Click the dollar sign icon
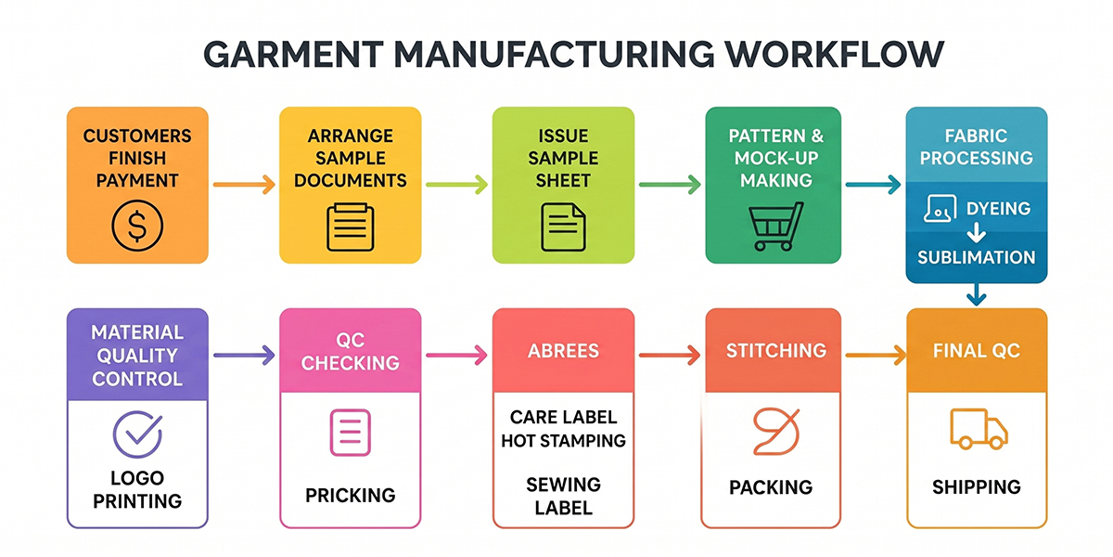tap(137, 225)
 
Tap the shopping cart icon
tap(775, 227)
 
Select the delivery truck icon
tap(978, 430)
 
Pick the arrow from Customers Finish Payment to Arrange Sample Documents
tap(244, 186)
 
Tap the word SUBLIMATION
tap(976, 257)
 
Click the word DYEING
tap(997, 209)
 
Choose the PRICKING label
tap(350, 495)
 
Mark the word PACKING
tap(771, 486)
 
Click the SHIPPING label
tap(976, 486)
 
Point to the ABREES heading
tap(563, 351)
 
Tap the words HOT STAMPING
tap(563, 440)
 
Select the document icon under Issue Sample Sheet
tap(563, 227)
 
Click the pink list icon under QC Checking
tap(350, 432)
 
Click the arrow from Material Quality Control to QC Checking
tap(244, 354)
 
